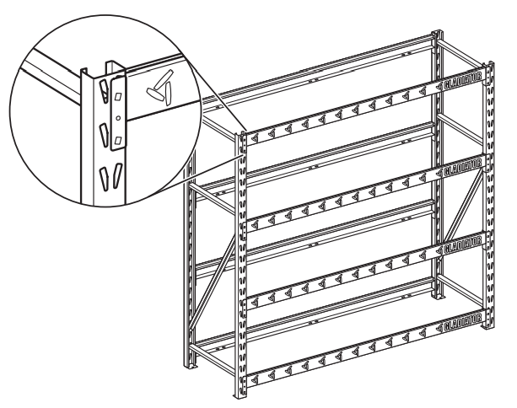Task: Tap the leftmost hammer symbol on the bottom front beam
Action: click(256, 365)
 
